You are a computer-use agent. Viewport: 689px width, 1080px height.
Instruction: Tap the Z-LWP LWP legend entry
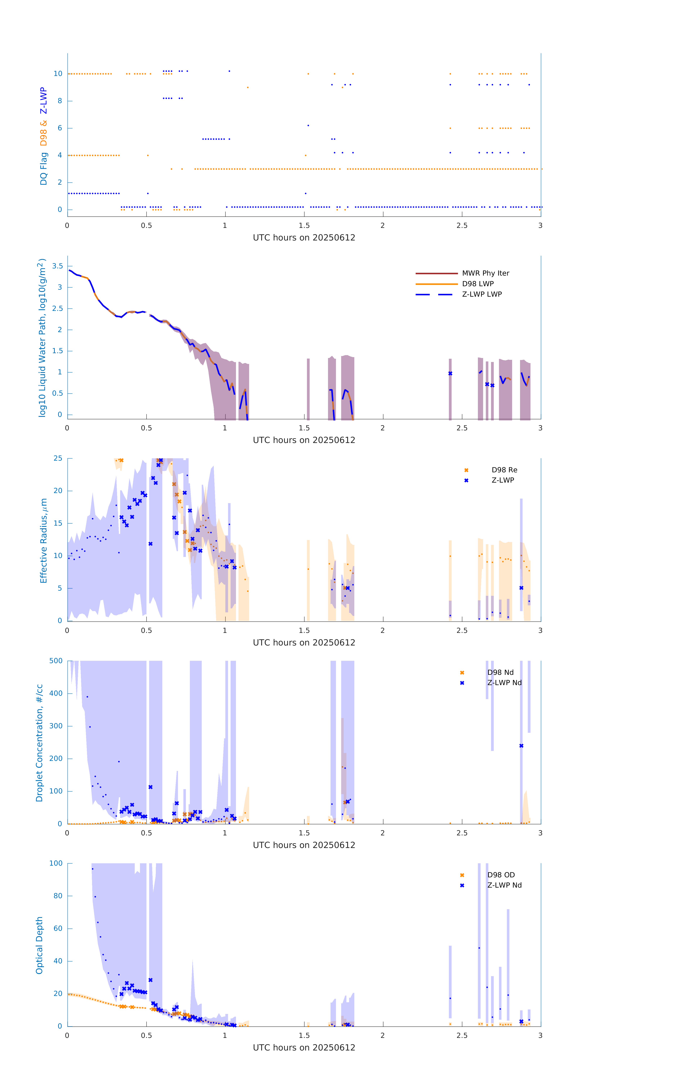click(x=482, y=294)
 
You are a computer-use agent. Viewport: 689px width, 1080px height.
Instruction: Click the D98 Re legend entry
click(x=504, y=470)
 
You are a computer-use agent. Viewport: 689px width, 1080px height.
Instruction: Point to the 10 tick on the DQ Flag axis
click(x=58, y=74)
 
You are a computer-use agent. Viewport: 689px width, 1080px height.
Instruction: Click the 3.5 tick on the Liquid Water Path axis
click(x=57, y=266)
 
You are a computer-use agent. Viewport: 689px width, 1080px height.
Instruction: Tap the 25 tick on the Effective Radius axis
click(x=58, y=458)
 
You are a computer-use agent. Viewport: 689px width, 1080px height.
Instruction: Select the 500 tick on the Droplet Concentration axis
click(x=56, y=661)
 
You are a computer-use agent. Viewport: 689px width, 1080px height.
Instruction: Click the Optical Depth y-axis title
click(x=39, y=945)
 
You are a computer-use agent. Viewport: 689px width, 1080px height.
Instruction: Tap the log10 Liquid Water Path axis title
click(x=42, y=338)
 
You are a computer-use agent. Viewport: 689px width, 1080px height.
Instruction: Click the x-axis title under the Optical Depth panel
click(x=304, y=1048)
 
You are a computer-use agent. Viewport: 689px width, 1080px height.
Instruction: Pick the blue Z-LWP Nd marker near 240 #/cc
click(x=521, y=746)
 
